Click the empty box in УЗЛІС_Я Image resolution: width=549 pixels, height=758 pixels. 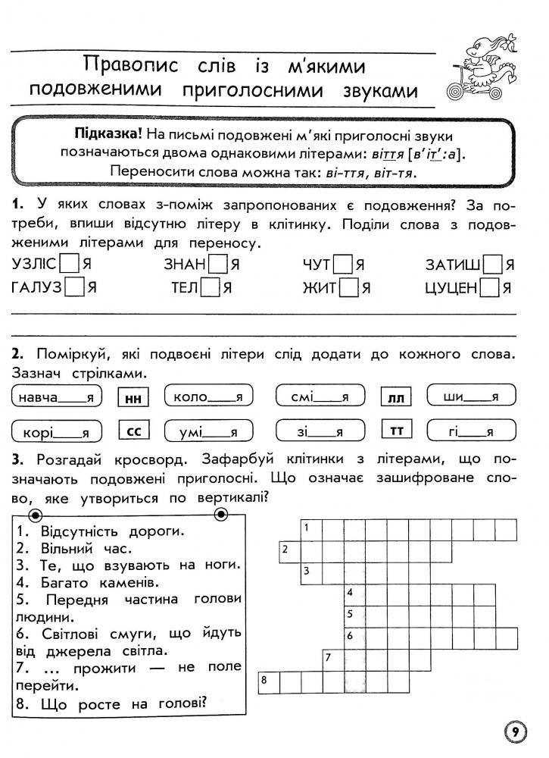tap(70, 265)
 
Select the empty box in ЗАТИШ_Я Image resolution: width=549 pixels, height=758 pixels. tap(493, 265)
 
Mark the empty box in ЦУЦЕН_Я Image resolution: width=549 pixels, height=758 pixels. tap(490, 288)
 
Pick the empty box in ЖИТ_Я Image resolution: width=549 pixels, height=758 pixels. tap(348, 288)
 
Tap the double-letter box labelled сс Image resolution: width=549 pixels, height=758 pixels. tap(133, 432)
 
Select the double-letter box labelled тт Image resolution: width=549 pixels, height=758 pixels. tap(395, 432)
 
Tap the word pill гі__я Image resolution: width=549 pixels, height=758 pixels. tap(470, 432)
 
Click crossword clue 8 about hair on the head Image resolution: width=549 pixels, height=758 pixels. tap(111, 703)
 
